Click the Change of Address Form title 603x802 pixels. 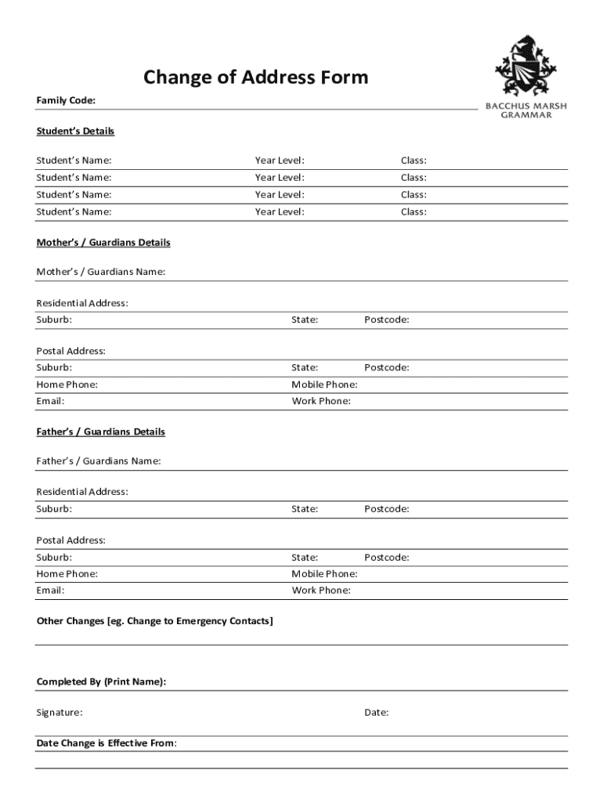(255, 77)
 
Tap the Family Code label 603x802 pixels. (66, 100)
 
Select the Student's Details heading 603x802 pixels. (75, 131)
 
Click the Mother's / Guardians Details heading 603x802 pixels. (103, 243)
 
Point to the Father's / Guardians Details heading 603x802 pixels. (101, 432)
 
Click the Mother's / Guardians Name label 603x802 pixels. (101, 272)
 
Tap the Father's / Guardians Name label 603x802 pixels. (99, 461)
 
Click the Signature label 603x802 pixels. (60, 713)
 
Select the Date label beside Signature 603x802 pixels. (377, 713)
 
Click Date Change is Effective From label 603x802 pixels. (107, 742)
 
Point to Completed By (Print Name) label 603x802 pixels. (101, 682)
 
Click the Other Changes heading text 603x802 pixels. (155, 621)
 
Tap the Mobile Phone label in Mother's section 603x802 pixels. (324, 385)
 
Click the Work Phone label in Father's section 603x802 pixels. (321, 591)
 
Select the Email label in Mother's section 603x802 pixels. (50, 401)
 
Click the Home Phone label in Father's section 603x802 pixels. (67, 574)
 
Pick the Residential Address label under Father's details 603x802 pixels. (82, 492)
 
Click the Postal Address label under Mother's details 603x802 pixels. (70, 351)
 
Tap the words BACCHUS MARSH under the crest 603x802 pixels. (526, 106)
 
